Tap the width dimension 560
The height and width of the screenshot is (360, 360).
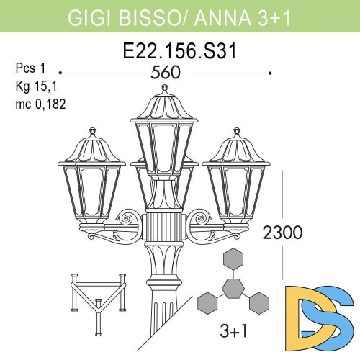coord(166,73)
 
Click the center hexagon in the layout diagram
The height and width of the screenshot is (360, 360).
coord(232,288)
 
